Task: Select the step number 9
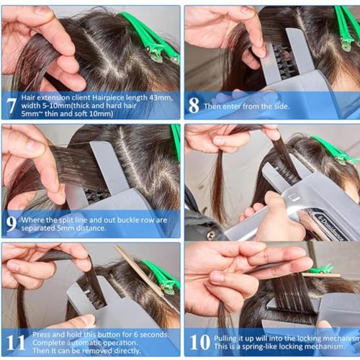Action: pyautogui.click(x=12, y=223)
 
